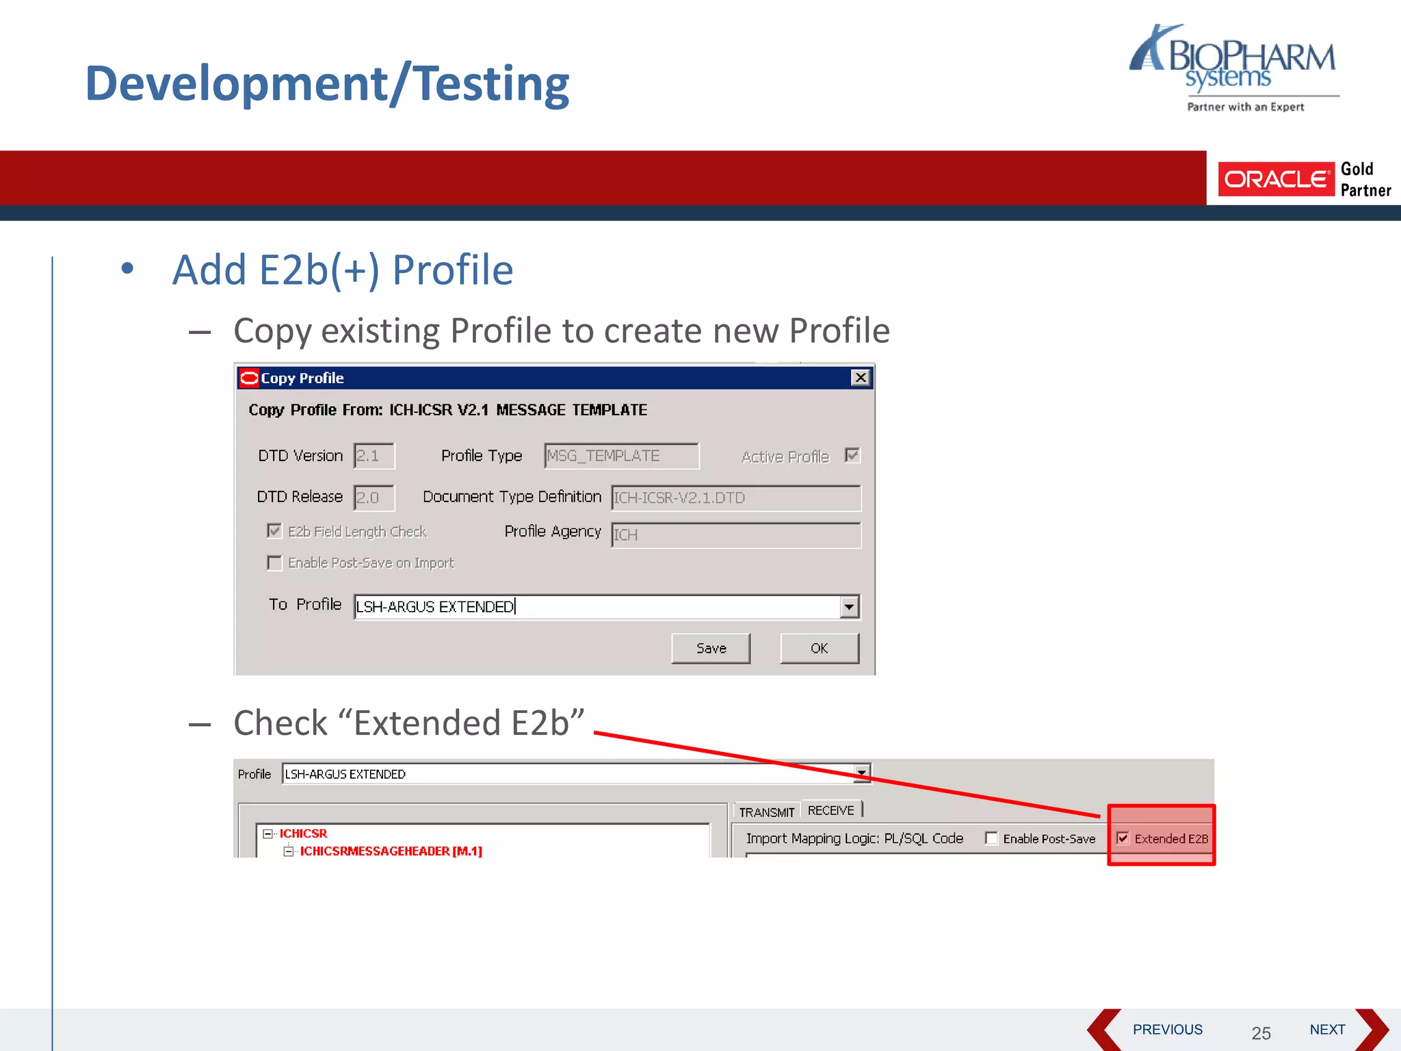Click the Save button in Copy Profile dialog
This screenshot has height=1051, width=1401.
[710, 648]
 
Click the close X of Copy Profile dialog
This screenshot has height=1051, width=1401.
[860, 378]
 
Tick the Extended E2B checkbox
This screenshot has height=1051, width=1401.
[1123, 838]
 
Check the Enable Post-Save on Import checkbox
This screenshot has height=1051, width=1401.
[274, 563]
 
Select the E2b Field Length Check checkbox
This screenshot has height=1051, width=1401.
[274, 531]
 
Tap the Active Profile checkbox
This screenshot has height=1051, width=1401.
[852, 456]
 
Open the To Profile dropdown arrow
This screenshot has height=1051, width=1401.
[849, 607]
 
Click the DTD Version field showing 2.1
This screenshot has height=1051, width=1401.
[374, 456]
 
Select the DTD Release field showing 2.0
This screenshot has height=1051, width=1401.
[374, 497]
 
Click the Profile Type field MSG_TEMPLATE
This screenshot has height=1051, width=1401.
[621, 456]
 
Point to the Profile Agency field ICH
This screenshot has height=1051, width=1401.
[735, 535]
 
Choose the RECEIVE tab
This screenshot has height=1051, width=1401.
[830, 811]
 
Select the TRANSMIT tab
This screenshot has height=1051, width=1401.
[766, 812]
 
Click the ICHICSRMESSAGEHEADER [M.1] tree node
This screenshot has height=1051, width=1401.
[391, 851]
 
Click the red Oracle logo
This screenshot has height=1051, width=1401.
[1276, 179]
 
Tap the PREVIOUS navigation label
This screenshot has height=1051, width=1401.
[1167, 1030]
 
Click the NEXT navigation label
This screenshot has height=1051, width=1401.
[1327, 1030]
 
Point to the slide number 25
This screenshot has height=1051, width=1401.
[1261, 1033]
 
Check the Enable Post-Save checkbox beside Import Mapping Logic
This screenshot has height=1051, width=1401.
[991, 838]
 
